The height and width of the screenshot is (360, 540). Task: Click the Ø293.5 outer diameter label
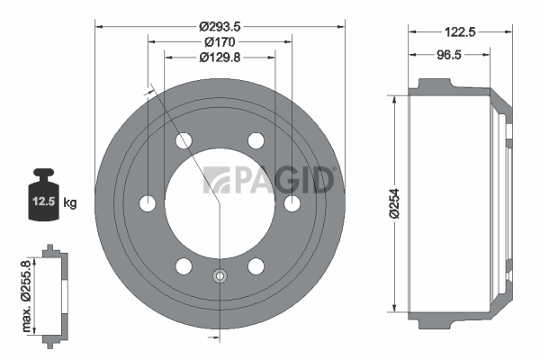220,26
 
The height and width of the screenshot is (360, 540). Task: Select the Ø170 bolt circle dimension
220,42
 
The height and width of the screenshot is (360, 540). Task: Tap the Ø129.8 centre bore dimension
220,58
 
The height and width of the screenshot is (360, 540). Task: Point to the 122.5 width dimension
460,32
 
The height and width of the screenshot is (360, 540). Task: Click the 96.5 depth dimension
449,55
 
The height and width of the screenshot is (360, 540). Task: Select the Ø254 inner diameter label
394,203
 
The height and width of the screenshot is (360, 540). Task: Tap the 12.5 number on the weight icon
44,201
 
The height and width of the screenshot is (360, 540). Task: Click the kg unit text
70,202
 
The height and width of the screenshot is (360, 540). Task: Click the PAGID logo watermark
268,180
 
